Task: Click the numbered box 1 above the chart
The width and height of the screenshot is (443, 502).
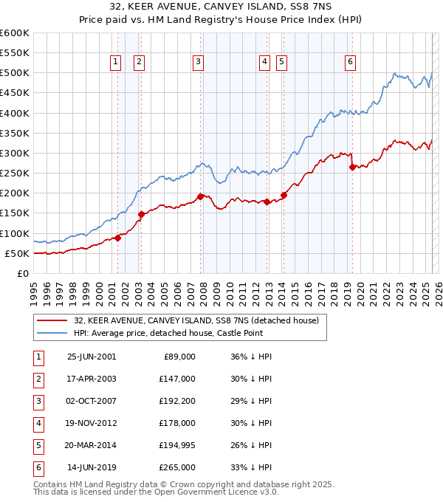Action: (117, 63)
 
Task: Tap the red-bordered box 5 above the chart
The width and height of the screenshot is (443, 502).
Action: (282, 63)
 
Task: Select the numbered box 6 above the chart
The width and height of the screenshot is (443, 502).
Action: (350, 63)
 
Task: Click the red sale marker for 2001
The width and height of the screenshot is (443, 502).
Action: (117, 238)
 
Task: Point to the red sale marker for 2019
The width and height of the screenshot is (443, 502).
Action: (352, 167)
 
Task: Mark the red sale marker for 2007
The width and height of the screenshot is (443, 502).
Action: (200, 196)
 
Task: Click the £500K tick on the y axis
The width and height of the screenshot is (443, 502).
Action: (15, 73)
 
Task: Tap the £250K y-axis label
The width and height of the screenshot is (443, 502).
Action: (15, 173)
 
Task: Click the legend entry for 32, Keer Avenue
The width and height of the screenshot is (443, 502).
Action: (196, 321)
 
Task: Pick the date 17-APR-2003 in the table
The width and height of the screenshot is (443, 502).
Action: (92, 379)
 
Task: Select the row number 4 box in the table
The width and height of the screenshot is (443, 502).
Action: (37, 423)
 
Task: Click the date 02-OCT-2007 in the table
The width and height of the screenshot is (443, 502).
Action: (92, 401)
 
